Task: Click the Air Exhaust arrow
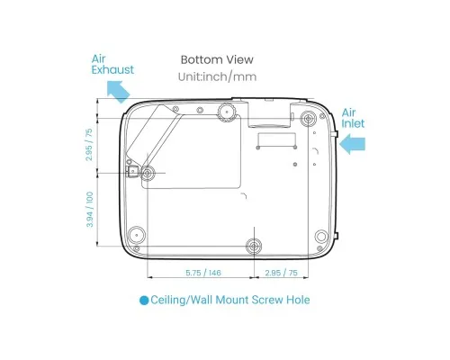(x=118, y=91)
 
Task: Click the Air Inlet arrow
(x=353, y=144)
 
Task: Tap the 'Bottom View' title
(x=217, y=59)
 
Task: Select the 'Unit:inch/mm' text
(x=217, y=76)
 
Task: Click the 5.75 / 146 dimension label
(x=203, y=273)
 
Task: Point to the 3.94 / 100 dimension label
(x=90, y=210)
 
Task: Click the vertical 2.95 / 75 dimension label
(x=89, y=145)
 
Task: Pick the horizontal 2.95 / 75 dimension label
(x=281, y=273)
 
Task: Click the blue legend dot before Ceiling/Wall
(x=144, y=301)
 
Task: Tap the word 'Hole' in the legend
(x=298, y=300)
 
